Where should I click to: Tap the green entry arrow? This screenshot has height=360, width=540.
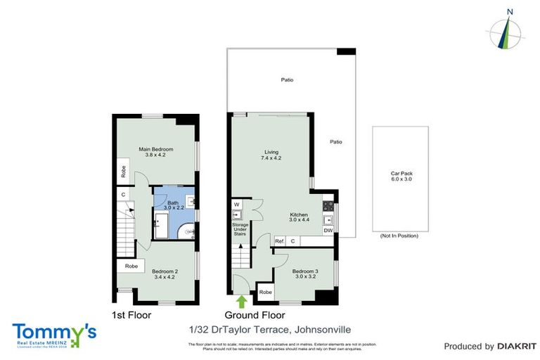(x=242, y=301)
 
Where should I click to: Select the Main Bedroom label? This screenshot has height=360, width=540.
(x=155, y=152)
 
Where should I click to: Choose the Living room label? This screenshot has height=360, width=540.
(x=271, y=155)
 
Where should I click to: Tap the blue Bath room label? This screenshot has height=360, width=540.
(x=173, y=205)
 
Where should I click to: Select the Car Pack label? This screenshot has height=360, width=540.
(x=400, y=176)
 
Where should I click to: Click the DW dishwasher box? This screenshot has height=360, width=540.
(x=328, y=230)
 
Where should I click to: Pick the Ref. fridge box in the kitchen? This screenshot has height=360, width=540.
(x=279, y=241)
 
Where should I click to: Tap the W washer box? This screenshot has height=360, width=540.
(x=236, y=205)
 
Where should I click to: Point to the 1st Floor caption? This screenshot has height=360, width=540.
(x=129, y=316)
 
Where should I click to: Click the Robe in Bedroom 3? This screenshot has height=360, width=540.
(x=265, y=292)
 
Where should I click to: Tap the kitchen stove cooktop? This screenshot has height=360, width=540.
(x=328, y=206)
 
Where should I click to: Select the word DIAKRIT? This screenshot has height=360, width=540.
(x=516, y=346)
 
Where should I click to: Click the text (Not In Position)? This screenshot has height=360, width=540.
(x=399, y=236)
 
